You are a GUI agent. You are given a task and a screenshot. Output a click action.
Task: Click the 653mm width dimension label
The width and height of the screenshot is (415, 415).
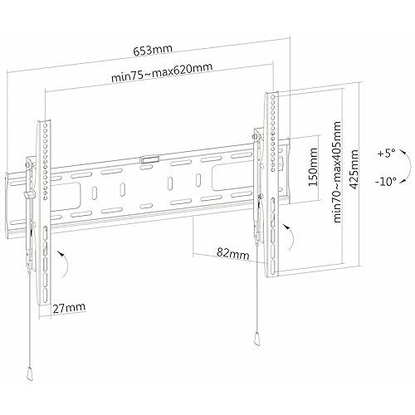[153, 50]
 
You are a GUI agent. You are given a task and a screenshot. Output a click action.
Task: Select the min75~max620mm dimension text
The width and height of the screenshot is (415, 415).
[162, 72]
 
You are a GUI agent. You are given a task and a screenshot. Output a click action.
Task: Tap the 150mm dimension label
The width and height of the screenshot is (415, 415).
[313, 167]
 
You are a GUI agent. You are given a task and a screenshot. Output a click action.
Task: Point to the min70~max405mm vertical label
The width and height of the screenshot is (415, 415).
[337, 172]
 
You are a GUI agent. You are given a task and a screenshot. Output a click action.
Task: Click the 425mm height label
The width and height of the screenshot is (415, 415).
[354, 169]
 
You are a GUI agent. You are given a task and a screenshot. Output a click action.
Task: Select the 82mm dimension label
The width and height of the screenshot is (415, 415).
[232, 253]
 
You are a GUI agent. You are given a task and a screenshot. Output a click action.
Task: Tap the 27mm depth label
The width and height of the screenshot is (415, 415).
[69, 308]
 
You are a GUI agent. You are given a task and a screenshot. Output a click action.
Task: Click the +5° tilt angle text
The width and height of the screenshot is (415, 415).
[387, 153]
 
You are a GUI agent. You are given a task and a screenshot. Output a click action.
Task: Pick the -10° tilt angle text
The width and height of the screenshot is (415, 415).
[386, 182]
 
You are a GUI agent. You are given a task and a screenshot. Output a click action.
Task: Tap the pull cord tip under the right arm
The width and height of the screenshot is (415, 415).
[256, 338]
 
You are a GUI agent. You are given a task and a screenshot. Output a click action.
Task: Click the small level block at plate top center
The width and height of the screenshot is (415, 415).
[149, 159]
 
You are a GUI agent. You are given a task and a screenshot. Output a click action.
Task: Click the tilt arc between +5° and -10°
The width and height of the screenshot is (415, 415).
[409, 167]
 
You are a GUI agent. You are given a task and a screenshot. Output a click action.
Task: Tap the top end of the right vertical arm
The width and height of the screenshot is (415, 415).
[272, 92]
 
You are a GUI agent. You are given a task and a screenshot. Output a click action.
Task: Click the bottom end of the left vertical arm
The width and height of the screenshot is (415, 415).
[45, 305]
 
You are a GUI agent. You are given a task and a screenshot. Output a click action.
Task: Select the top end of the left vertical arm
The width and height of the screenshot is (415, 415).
[44, 121]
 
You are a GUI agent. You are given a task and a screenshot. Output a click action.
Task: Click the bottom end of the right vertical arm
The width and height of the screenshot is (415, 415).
[272, 276]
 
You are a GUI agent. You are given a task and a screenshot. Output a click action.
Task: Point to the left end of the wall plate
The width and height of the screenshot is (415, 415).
[7, 206]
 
